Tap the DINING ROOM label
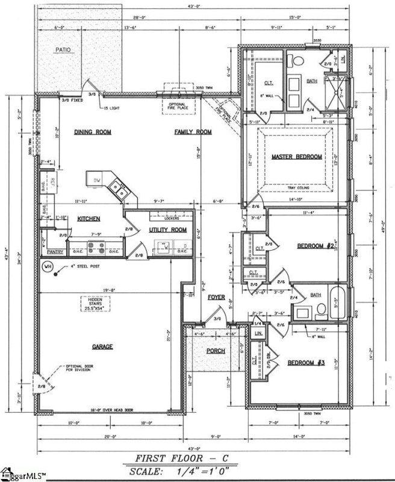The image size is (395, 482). (x=95, y=131)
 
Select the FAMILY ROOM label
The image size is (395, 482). (x=193, y=131)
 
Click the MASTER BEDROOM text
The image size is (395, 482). (x=296, y=157)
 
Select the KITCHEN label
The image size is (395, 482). (x=88, y=219)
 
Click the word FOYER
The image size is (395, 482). (x=216, y=298)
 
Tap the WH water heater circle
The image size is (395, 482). (x=45, y=267)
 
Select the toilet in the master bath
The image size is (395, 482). (x=296, y=60)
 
